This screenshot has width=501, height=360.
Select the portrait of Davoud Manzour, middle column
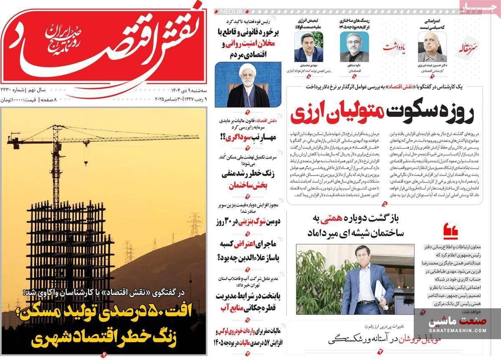354,48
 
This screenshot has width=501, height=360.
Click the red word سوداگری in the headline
236,136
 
